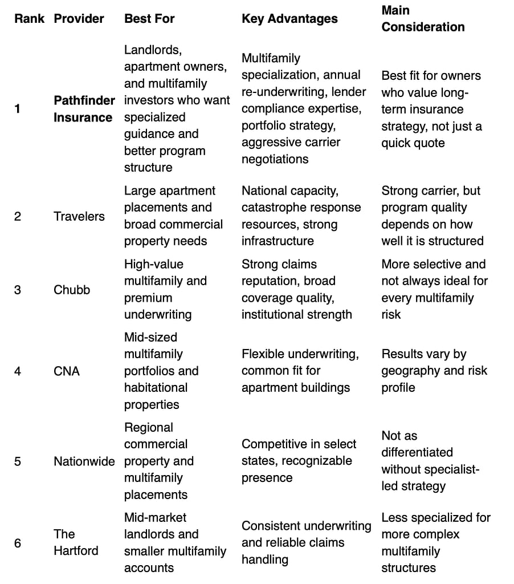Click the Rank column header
pyautogui.click(x=30, y=19)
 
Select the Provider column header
pyautogui.click(x=79, y=19)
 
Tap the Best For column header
pyautogui.click(x=149, y=19)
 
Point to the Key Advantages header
pyautogui.click(x=289, y=19)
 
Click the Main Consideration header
pyautogui.click(x=423, y=19)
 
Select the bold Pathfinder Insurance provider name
pyautogui.click(x=84, y=109)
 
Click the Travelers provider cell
pyautogui.click(x=79, y=216)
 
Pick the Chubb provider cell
pyautogui.click(x=72, y=290)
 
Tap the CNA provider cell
pyautogui.click(x=67, y=371)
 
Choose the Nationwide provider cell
pyautogui.click(x=84, y=461)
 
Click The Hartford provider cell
pyautogui.click(x=76, y=542)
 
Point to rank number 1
pyautogui.click(x=18, y=109)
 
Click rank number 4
pyautogui.click(x=18, y=371)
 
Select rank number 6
pyautogui.click(x=18, y=542)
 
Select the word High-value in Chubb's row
pyautogui.click(x=153, y=265)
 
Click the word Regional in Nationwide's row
pyautogui.click(x=148, y=428)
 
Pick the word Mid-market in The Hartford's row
pyautogui.click(x=154, y=518)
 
